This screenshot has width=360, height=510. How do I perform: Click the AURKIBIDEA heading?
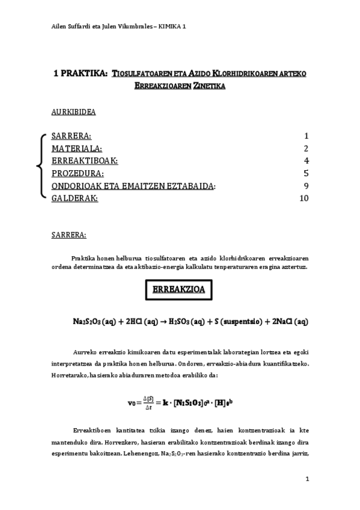74,112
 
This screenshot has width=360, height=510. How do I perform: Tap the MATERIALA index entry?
77,149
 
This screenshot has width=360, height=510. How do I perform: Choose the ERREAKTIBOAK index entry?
85,161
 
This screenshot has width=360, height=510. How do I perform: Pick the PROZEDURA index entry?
78,173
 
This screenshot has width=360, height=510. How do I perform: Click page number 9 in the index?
305,186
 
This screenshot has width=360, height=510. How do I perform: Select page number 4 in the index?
305,161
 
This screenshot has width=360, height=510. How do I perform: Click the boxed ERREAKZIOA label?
180,289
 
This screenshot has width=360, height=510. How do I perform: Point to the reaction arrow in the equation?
164,321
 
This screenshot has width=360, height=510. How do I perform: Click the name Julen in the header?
99,26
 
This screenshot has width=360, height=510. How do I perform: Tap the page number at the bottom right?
307,479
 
